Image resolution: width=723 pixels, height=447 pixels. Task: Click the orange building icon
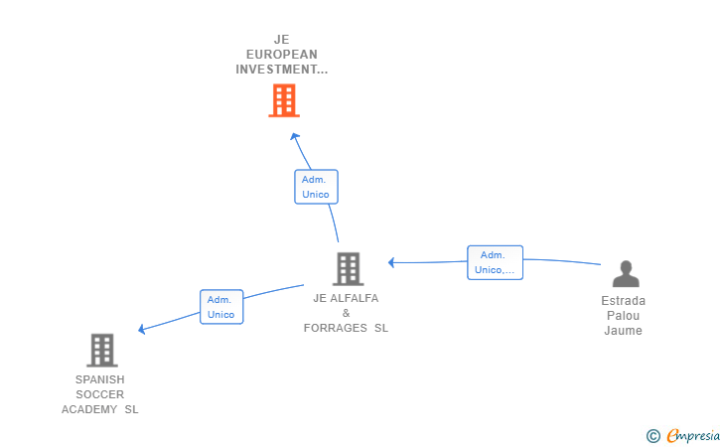[x=284, y=100]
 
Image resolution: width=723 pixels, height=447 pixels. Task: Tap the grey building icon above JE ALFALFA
[x=349, y=269]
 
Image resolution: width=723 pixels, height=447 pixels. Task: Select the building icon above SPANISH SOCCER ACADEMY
[x=102, y=350]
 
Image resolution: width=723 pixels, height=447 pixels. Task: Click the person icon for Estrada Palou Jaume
[x=626, y=273]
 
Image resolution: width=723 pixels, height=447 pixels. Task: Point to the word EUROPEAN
[x=282, y=55]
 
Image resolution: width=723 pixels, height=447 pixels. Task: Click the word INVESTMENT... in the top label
[x=282, y=70]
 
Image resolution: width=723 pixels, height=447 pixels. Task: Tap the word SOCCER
[x=100, y=394]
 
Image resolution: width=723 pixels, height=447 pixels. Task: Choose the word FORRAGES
[x=336, y=328]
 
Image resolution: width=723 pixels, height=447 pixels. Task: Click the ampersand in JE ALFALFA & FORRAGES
[x=347, y=313]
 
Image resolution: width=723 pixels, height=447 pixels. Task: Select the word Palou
[x=623, y=316]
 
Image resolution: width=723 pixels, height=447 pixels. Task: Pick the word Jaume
[x=623, y=331]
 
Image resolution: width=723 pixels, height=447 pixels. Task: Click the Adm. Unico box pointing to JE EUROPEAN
[x=316, y=187]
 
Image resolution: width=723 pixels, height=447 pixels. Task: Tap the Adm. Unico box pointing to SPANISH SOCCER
[x=221, y=307]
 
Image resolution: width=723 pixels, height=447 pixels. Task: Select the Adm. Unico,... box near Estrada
[x=495, y=262]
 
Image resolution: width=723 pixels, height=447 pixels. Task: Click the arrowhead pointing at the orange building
[x=295, y=136]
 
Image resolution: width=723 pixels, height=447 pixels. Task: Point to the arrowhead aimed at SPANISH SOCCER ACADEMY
[x=142, y=329]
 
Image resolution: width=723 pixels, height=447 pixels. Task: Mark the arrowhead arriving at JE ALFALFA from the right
[x=391, y=262]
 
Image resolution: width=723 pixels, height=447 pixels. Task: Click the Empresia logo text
[x=693, y=435]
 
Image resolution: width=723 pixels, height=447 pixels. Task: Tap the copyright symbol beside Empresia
[x=653, y=436]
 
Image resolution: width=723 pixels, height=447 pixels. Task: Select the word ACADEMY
[x=89, y=409]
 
